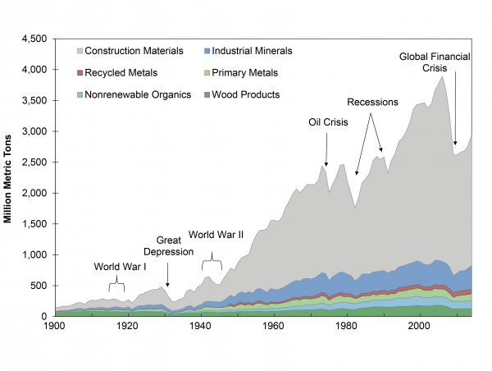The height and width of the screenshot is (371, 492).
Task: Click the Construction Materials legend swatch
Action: [x=78, y=51]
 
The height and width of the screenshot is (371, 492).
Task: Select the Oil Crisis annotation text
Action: [x=328, y=122]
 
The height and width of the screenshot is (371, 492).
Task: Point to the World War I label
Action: [x=119, y=266]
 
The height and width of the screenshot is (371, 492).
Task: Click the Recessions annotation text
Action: [x=372, y=103]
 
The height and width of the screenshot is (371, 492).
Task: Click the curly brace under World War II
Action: [x=212, y=260]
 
